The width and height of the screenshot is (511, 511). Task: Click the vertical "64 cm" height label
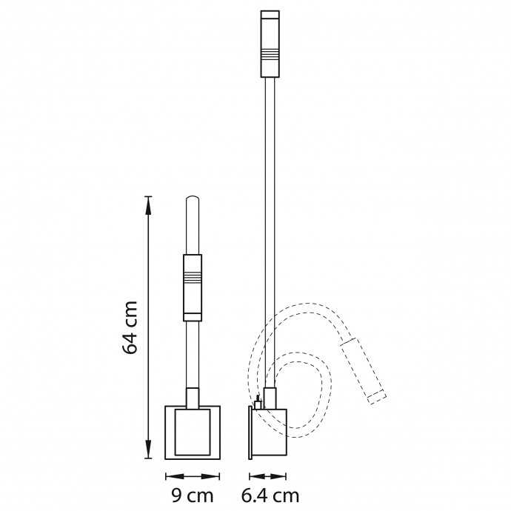[x=130, y=327]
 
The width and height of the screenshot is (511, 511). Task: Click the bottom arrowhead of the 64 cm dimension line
[x=148, y=455]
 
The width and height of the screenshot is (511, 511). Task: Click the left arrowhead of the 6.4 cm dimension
[x=252, y=476]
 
